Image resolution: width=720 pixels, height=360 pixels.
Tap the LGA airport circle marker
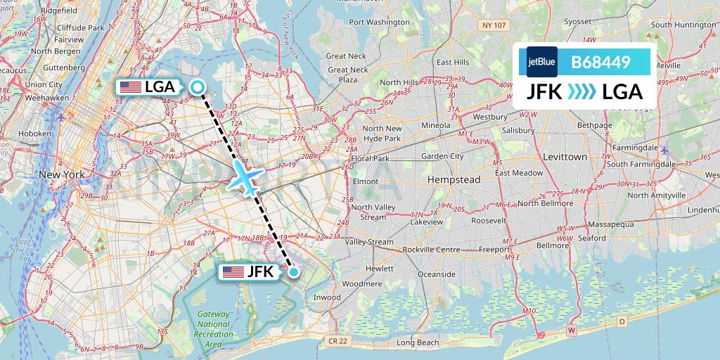tap(198, 87)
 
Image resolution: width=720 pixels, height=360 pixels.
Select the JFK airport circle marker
tap(294, 271)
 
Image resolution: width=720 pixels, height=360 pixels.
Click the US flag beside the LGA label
tap(130, 87)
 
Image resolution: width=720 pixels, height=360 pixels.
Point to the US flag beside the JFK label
tap(232, 272)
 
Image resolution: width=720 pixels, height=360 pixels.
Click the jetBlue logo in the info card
tap(541, 62)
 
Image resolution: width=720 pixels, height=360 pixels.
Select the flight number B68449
tap(600, 62)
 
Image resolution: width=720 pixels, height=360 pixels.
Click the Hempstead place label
tap(453, 180)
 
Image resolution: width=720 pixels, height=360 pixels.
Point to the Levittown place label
tap(565, 157)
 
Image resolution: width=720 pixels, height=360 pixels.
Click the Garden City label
tap(442, 156)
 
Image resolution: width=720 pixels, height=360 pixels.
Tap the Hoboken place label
tap(35, 133)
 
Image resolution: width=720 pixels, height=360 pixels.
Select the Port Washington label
tap(379, 22)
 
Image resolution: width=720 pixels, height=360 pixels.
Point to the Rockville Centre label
tap(431, 250)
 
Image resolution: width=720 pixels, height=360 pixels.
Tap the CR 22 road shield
tap(337, 341)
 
